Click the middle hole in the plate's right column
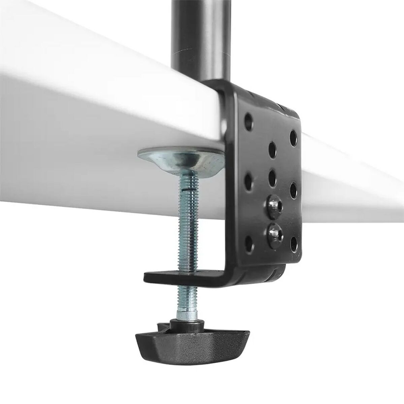tap(293, 188)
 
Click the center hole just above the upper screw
tap(272, 175)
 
